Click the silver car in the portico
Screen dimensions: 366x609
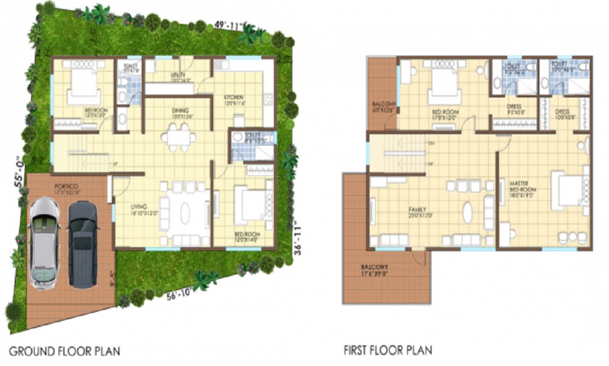pyautogui.click(x=44, y=243)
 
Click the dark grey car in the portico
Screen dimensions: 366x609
pyautogui.click(x=83, y=243)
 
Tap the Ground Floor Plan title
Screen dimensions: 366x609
pyautogui.click(x=64, y=351)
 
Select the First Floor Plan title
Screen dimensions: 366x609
pyautogui.click(x=388, y=350)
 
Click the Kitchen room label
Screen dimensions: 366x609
pyautogui.click(x=234, y=98)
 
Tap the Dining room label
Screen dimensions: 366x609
pyautogui.click(x=180, y=111)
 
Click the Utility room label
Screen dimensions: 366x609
pyautogui.click(x=180, y=76)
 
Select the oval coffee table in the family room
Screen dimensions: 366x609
pyautogui.click(x=468, y=212)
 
